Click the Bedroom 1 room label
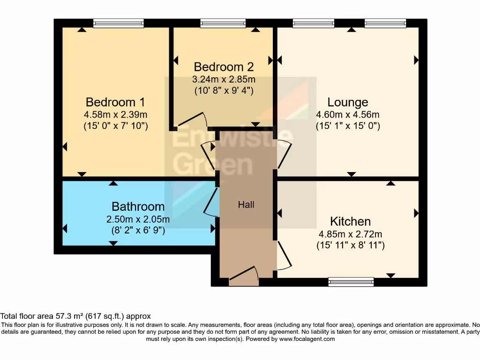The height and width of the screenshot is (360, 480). pyautogui.click(x=115, y=102)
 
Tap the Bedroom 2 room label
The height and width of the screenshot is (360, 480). pyautogui.click(x=224, y=67)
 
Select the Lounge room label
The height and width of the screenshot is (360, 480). pyautogui.click(x=348, y=102)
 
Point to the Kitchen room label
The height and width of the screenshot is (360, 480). pyautogui.click(x=350, y=221)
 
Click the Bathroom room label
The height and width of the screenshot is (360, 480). pyautogui.click(x=138, y=207)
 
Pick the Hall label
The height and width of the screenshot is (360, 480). pyautogui.click(x=246, y=204)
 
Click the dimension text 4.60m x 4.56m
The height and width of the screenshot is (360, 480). pyautogui.click(x=348, y=114)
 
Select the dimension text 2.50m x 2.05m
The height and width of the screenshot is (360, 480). pyautogui.click(x=138, y=219)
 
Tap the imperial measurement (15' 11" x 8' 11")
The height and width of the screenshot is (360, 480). pyautogui.click(x=351, y=245)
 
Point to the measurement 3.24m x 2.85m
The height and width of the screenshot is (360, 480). pyautogui.click(x=224, y=79)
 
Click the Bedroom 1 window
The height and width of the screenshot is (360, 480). pyautogui.click(x=119, y=23)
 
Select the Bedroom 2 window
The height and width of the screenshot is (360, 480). pyautogui.click(x=223, y=23)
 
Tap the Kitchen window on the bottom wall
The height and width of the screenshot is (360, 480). pyautogui.click(x=351, y=282)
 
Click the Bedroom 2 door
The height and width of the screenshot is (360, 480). pyautogui.click(x=192, y=120)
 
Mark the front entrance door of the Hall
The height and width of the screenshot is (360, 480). pyautogui.click(x=244, y=274)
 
